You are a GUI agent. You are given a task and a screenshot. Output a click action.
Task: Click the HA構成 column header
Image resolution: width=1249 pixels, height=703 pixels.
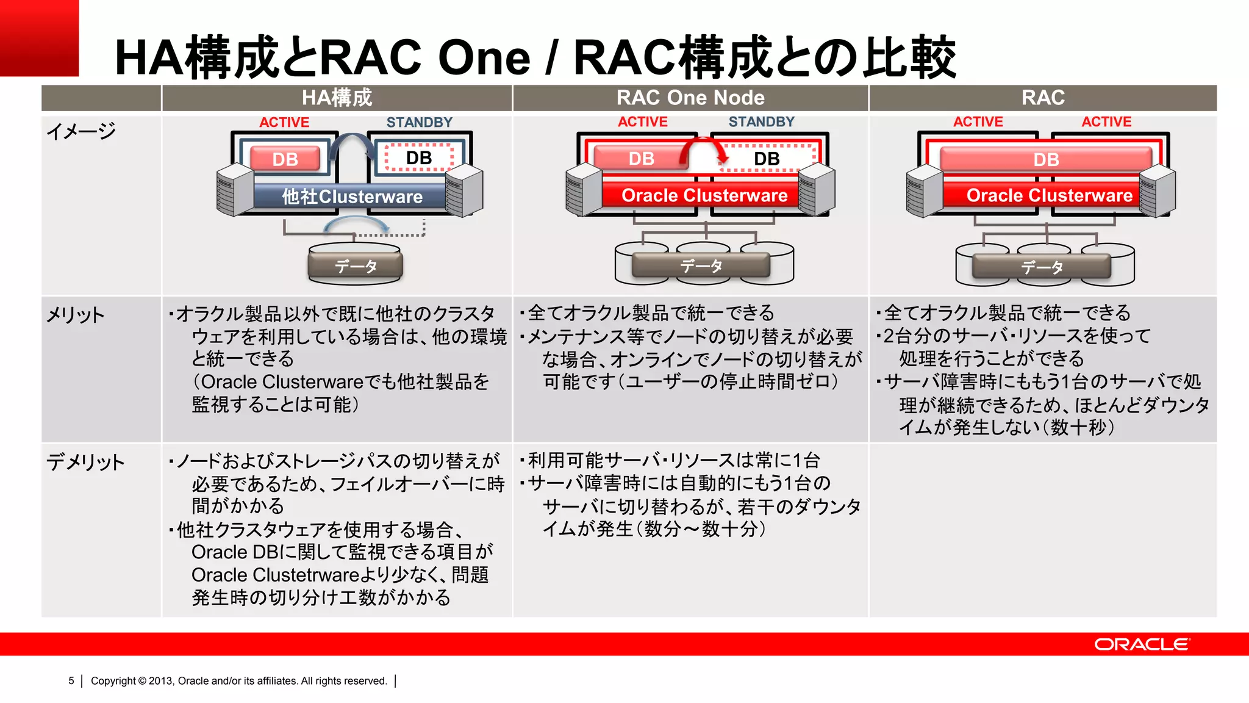tap(337, 98)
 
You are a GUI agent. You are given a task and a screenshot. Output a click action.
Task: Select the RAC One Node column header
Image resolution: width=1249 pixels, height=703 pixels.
tap(690, 98)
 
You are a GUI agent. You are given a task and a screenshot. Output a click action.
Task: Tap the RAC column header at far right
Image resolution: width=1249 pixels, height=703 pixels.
tap(1043, 98)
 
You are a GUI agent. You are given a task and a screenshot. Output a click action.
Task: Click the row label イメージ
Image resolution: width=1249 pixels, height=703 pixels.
tap(81, 131)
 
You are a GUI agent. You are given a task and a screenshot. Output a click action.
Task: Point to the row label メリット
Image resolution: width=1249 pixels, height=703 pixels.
tap(76, 315)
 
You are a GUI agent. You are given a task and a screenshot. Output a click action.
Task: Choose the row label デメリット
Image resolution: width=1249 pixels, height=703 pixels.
tap(85, 462)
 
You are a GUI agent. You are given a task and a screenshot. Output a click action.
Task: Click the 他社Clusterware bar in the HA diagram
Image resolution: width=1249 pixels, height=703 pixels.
tap(352, 196)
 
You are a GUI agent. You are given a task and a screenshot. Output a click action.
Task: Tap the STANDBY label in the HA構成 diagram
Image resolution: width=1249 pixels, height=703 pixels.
tap(419, 123)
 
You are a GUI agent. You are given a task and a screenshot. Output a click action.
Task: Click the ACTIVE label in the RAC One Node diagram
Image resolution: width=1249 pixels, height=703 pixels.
tap(642, 122)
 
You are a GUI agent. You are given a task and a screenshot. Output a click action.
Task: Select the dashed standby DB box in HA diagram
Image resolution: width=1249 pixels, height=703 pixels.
tap(419, 158)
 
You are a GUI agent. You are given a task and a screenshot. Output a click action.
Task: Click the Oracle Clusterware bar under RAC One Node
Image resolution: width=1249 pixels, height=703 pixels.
tap(704, 195)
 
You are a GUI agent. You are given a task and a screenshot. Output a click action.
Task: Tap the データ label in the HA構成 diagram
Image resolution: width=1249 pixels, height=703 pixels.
tap(356, 266)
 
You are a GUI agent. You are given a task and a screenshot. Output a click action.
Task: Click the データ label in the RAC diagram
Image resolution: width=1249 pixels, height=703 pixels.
tap(1042, 267)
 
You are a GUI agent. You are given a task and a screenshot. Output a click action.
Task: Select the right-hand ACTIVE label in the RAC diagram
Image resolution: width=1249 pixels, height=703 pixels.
tap(1106, 122)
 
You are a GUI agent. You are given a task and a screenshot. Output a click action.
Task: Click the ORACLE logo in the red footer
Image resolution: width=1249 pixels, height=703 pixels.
tap(1141, 644)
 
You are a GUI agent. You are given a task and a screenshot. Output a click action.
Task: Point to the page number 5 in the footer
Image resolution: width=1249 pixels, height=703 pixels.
tap(71, 681)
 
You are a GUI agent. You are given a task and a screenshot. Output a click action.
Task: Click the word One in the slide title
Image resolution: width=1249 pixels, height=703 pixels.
tap(484, 57)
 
